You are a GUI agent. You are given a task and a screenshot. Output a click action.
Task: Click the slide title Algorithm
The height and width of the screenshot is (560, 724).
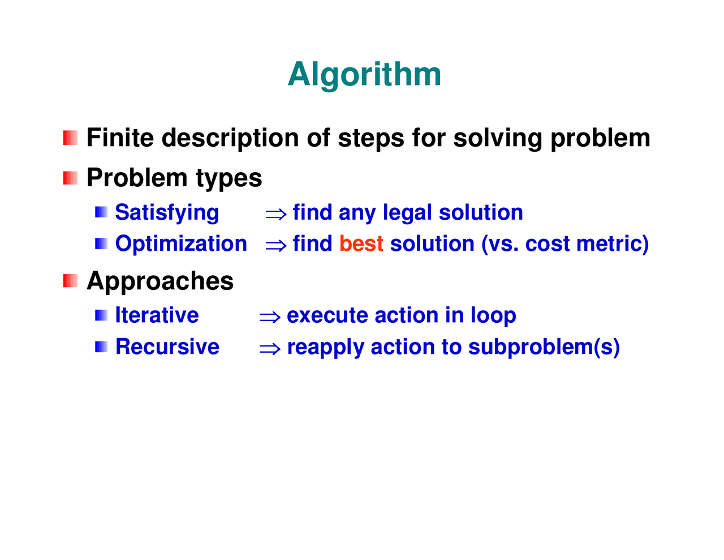[x=364, y=74]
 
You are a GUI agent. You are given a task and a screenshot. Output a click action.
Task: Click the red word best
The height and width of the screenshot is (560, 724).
[x=361, y=243]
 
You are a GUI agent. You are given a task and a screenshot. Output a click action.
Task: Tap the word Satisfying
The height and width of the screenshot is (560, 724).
[x=167, y=213]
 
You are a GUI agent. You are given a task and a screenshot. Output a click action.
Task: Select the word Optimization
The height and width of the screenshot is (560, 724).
[x=181, y=243]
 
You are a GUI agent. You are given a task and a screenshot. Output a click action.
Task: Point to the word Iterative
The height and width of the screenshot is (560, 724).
[x=157, y=315]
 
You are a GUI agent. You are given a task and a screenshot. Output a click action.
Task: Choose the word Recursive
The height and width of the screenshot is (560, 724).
[x=167, y=347]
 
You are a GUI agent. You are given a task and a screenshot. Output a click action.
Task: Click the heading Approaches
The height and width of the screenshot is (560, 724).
[x=160, y=281]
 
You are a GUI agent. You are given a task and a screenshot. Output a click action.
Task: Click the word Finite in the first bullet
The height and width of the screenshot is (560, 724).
[x=120, y=138]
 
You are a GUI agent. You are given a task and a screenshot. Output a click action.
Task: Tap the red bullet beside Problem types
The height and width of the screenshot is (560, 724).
[x=70, y=178]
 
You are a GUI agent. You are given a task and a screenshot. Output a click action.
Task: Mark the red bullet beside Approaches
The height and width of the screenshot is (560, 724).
[x=70, y=281]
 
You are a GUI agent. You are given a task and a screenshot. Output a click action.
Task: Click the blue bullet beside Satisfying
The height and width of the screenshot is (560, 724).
[x=101, y=212]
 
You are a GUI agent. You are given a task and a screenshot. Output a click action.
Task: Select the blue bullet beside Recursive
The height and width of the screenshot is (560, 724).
[x=101, y=347]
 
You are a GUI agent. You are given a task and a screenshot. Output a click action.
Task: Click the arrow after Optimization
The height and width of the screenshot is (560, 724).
[x=276, y=245]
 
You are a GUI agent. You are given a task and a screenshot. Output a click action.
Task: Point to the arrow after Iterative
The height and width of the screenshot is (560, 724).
[x=270, y=317]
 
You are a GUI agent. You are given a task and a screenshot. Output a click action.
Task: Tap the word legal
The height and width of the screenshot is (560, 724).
[x=407, y=213]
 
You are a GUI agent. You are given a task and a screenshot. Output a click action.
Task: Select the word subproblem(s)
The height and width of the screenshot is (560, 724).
[x=544, y=347]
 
